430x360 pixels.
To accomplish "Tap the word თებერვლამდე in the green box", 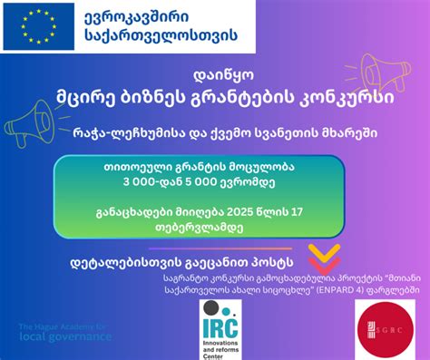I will tap(216, 229).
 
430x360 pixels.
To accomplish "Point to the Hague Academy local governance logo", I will tap(64, 332).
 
